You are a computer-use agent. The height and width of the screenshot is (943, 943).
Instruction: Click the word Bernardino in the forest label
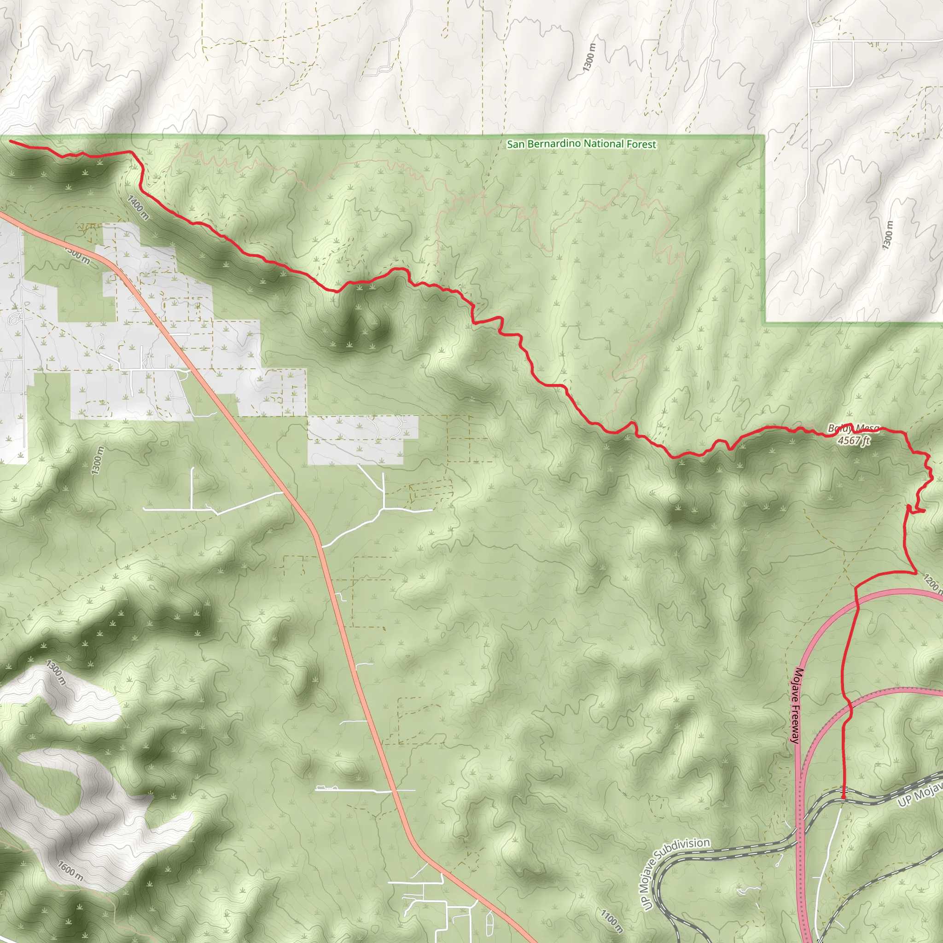[554, 144]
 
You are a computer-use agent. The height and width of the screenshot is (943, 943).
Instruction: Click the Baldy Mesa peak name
[853, 429]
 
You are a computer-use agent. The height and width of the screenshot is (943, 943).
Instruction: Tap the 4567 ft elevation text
[853, 440]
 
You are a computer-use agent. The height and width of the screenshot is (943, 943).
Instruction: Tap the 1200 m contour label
[932, 583]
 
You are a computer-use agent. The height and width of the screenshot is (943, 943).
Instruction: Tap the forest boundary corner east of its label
[764, 136]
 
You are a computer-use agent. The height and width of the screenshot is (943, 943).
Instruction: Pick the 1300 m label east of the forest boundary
[888, 235]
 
